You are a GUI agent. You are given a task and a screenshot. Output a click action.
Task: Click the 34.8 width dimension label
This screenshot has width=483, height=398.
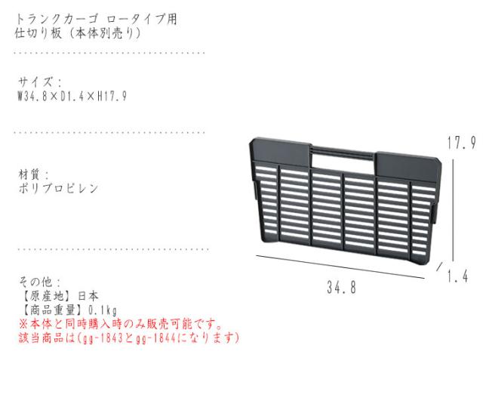point(341,288)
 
